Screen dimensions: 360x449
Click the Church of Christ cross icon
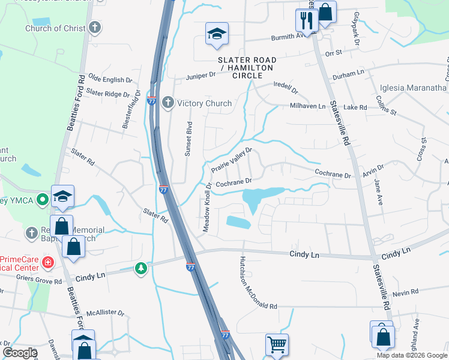pyautogui.click(x=95, y=28)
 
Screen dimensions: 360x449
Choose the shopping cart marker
pyautogui.click(x=277, y=345)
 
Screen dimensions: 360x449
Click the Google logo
pyautogui.click(x=20, y=352)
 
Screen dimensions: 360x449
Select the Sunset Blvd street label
pyautogui.click(x=188, y=139)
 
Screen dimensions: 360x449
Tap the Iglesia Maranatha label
pyautogui.click(x=413, y=88)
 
